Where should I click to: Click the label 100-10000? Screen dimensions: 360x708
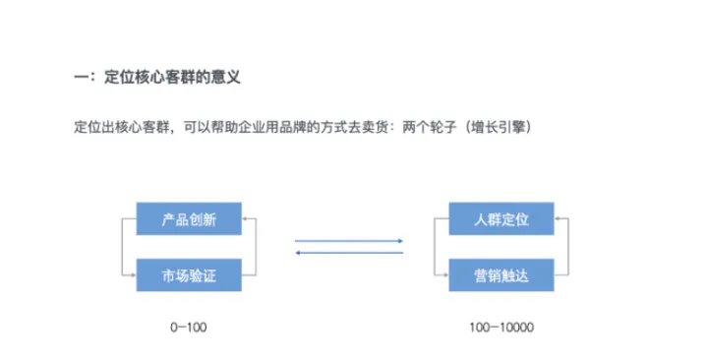pyautogui.click(x=501, y=325)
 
